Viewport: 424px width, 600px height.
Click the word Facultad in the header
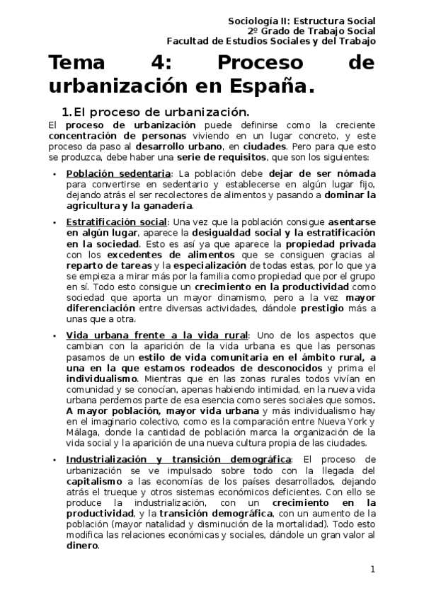pos(197,41)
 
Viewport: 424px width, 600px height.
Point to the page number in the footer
pos(372,569)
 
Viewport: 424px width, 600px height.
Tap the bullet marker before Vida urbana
pos(56,335)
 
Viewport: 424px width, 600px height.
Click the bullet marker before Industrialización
pos(56,460)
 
